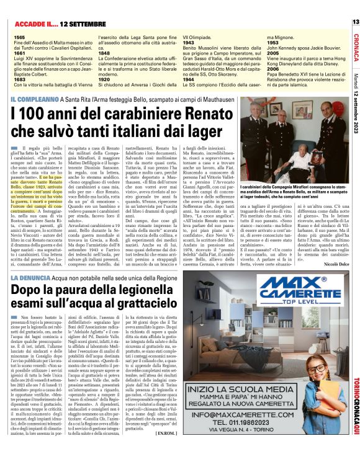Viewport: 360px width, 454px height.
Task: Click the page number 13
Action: (x=355, y=22)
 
